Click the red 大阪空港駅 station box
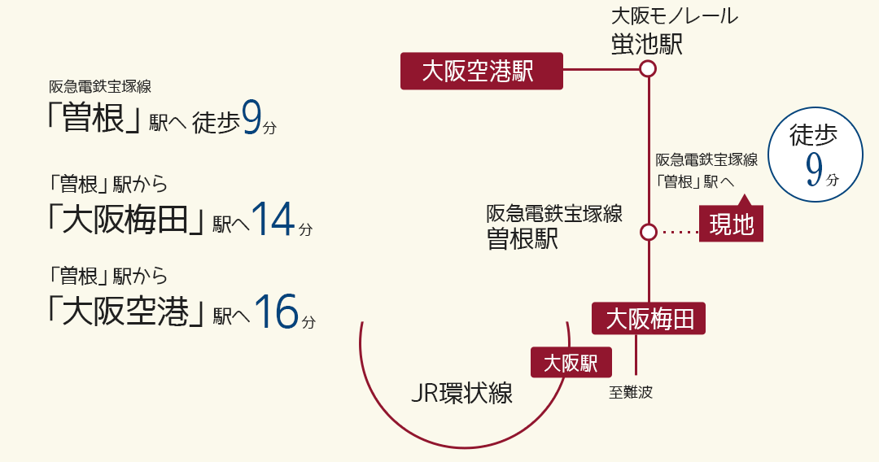click(x=482, y=71)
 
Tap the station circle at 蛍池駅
click(x=648, y=69)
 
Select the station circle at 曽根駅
click(x=648, y=232)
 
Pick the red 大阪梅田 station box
click(x=649, y=319)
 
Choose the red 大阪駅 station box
click(x=571, y=362)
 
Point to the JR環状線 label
click(x=462, y=393)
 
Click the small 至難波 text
click(x=631, y=392)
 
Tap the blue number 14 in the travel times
click(x=273, y=220)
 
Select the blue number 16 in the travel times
click(x=277, y=312)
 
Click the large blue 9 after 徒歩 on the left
click(x=251, y=117)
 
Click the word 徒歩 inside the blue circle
click(x=813, y=135)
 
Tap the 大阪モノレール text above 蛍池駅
click(x=675, y=16)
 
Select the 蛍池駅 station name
click(x=647, y=44)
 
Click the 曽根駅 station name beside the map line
click(x=523, y=239)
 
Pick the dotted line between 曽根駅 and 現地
click(x=680, y=232)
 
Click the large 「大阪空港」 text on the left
click(x=125, y=311)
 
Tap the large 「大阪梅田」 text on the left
click(x=125, y=219)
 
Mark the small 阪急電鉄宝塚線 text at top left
click(x=100, y=86)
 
